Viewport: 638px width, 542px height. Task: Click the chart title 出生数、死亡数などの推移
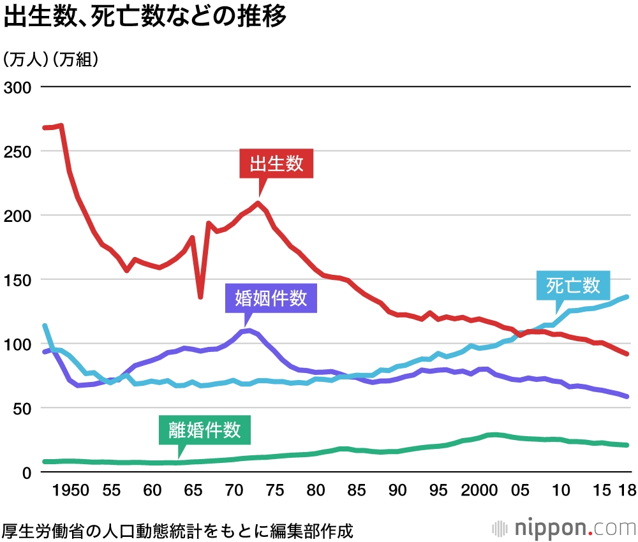coord(145,17)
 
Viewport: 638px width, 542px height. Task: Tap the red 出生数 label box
coord(276,165)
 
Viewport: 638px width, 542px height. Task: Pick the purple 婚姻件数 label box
coord(271,298)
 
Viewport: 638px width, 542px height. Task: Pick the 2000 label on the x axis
coord(479,491)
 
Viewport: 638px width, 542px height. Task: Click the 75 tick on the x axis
coord(274,491)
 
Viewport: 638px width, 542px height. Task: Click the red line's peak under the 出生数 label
coord(258,203)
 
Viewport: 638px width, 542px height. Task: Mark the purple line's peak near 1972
coord(249,330)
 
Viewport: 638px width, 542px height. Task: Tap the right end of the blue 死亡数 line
coord(627,297)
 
